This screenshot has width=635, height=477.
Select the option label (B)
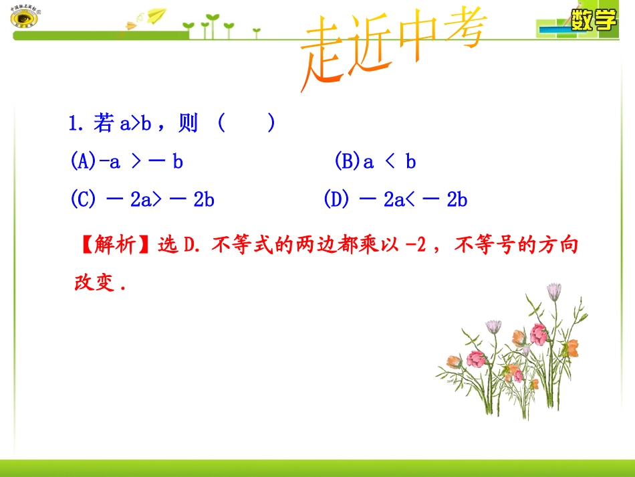(347, 161)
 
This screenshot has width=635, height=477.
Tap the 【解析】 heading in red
(114, 246)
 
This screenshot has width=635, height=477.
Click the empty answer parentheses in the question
(246, 124)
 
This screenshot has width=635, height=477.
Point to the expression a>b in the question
(136, 124)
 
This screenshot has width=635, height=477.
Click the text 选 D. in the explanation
(179, 246)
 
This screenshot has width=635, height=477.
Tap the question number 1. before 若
(76, 124)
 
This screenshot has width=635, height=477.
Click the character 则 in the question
(188, 124)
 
